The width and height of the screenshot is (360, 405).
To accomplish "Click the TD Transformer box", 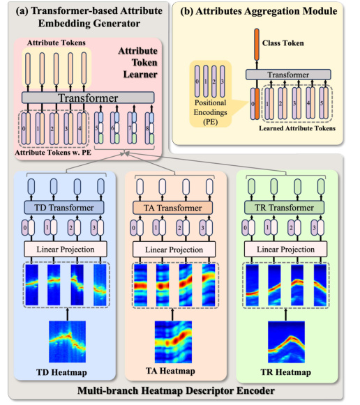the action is (x=64, y=208).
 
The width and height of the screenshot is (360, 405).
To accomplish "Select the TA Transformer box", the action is (x=172, y=208).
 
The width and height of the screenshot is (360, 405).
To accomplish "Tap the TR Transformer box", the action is (x=284, y=208).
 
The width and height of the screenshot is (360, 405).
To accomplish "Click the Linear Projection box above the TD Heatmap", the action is (x=66, y=250).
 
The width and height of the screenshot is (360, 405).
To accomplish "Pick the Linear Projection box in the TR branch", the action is (x=285, y=250).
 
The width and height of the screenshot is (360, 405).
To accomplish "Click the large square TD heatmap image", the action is (x=67, y=342).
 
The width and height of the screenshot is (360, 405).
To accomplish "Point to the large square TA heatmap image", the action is (x=173, y=342).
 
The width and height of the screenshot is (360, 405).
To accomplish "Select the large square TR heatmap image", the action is (x=286, y=342).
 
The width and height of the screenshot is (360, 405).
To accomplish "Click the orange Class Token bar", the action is (x=257, y=45).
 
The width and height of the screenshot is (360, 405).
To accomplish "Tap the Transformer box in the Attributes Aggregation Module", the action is (x=288, y=75).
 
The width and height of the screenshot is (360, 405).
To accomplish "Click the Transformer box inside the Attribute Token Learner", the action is (x=88, y=98).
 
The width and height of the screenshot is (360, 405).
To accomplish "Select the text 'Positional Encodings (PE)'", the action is (x=211, y=112).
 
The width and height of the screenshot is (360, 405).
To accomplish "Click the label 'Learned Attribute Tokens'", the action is (x=297, y=128).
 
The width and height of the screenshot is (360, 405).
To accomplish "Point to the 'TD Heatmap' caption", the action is (x=61, y=372).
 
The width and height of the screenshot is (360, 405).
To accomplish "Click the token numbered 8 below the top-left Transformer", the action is (x=149, y=128).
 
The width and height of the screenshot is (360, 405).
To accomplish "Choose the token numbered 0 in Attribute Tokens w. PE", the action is (x=26, y=128).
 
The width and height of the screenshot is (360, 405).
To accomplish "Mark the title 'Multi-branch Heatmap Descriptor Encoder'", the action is (x=176, y=390).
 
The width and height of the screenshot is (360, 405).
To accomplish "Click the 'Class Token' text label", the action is (x=283, y=43).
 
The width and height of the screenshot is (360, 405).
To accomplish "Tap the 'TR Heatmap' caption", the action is (x=285, y=372).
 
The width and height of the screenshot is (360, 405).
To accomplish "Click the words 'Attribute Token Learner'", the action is (x=138, y=63).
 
